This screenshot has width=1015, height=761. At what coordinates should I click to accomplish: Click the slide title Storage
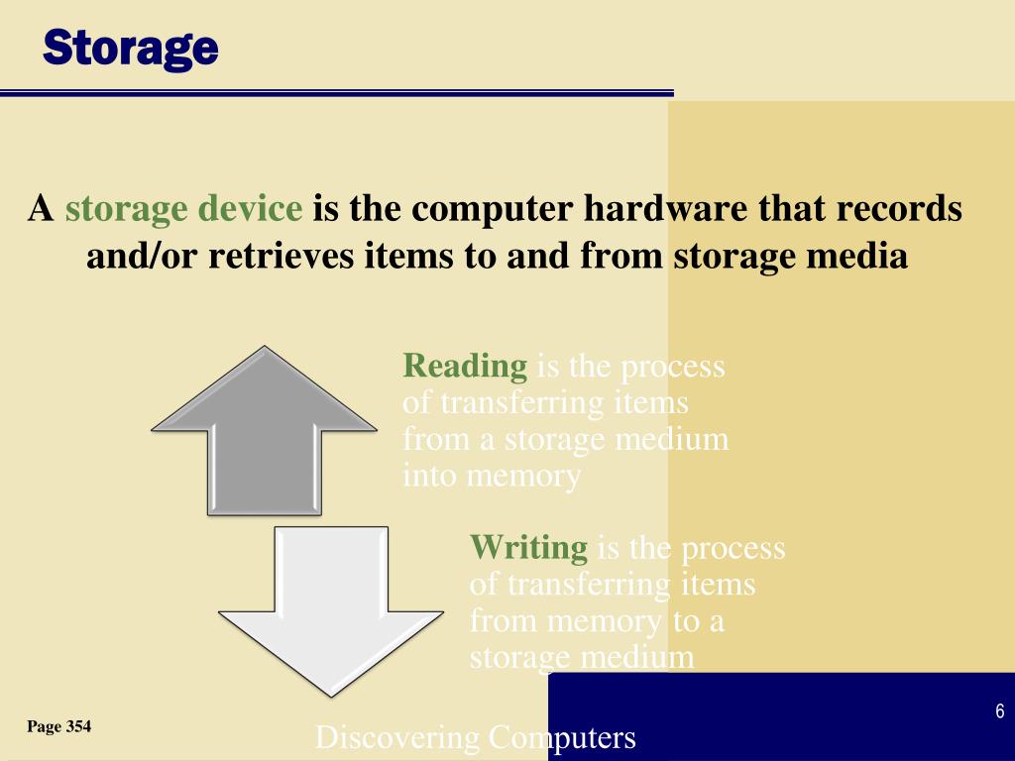[130, 47]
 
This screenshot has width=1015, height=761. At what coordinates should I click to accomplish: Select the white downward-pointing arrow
[331, 604]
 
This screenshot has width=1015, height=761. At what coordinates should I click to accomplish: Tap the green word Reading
[465, 367]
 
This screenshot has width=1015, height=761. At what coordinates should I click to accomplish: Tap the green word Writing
[528, 547]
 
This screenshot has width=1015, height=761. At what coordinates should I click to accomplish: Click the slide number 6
[999, 711]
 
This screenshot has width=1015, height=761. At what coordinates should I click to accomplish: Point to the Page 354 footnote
[59, 727]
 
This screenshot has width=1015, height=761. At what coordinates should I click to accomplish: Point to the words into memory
[491, 477]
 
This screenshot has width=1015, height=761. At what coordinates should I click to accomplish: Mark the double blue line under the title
[337, 93]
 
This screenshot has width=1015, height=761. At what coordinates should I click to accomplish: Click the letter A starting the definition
[40, 209]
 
